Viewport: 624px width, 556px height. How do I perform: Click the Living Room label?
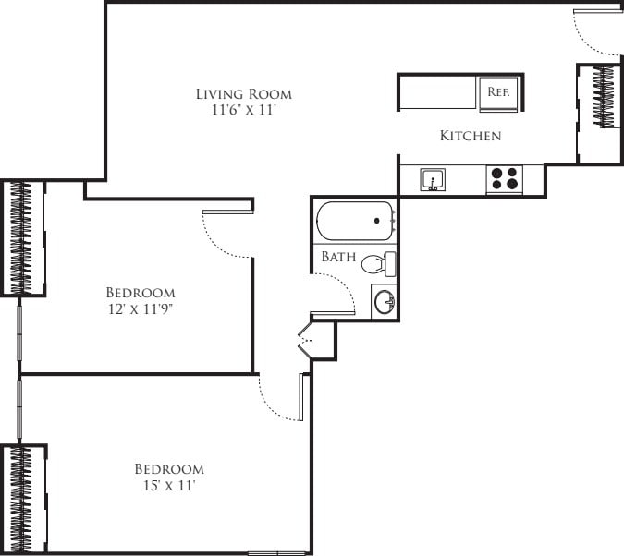pyautogui.click(x=244, y=93)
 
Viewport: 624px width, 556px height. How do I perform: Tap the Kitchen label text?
pyautogui.click(x=470, y=136)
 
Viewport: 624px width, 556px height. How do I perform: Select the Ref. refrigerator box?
pyautogui.click(x=499, y=92)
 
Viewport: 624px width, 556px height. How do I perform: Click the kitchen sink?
pyautogui.click(x=433, y=179)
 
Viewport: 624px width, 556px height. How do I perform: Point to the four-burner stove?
pyautogui.click(x=505, y=178)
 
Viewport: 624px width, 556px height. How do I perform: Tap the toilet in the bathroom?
pyautogui.click(x=376, y=264)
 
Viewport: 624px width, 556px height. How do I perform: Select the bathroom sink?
pyautogui.click(x=385, y=302)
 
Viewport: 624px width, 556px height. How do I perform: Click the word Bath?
pyautogui.click(x=338, y=257)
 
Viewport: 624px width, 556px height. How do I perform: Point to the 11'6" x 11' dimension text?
pyautogui.click(x=244, y=110)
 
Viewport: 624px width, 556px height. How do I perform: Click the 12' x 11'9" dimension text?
pyautogui.click(x=141, y=309)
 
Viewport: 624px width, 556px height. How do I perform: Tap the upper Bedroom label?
pyautogui.click(x=141, y=293)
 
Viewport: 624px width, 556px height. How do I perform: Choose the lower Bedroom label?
pyautogui.click(x=169, y=468)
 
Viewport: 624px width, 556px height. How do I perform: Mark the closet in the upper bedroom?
pyautogui.click(x=22, y=237)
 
